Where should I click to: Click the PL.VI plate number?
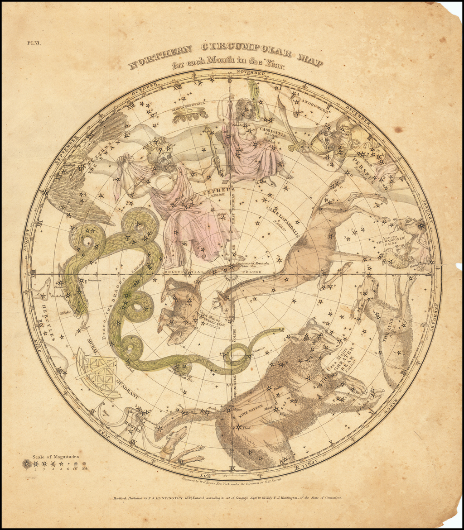click(34, 43)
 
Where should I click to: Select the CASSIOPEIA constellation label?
click(271, 129)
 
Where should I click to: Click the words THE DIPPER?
click(251, 411)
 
